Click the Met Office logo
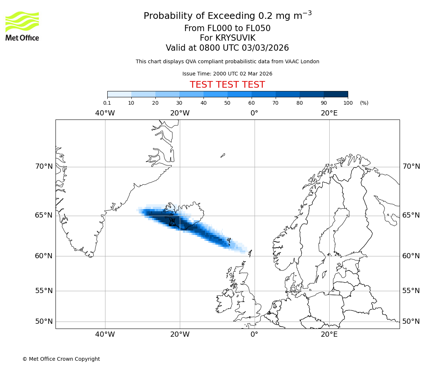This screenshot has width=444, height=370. coord(22,26)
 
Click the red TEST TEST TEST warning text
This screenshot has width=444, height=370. coord(227,85)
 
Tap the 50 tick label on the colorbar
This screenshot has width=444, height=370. coord(227,103)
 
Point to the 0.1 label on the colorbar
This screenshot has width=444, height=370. coord(107,103)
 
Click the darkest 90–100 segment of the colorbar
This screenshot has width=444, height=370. coord(336,94)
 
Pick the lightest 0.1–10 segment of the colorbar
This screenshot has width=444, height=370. coord(119,94)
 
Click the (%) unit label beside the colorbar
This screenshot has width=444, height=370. coord(364,103)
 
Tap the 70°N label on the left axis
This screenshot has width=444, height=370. coord(44,166)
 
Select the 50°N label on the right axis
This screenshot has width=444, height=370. coord(411,322)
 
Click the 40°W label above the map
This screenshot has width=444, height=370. coord(105,113)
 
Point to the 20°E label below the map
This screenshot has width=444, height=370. coord(329,334)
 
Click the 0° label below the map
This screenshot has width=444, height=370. coord(255,334)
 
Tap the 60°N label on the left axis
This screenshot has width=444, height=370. coord(44,256)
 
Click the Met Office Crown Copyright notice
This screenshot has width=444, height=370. coord(61,359)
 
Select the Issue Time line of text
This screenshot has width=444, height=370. coord(227,74)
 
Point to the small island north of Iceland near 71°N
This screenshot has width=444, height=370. coord(223,155)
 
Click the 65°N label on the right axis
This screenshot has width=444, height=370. coord(411,215)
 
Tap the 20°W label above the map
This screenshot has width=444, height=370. coord(180,113)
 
